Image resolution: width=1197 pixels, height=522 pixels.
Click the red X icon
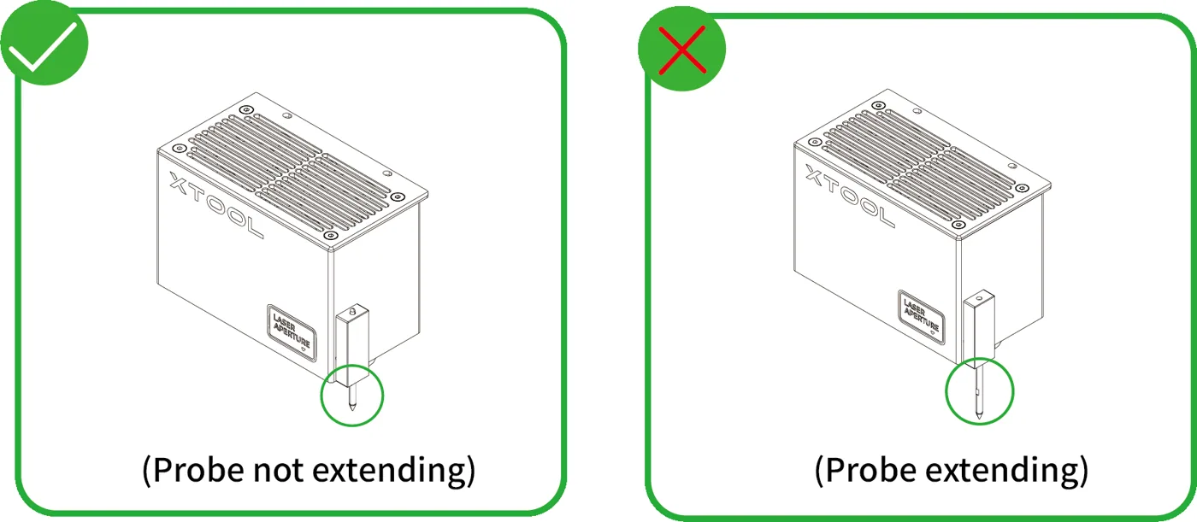[x=682, y=50]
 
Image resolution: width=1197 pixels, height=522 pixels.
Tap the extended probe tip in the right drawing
[x=979, y=415]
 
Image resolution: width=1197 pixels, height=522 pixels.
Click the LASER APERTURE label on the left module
[x=292, y=332]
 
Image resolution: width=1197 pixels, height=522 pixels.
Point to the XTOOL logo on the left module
[x=216, y=205]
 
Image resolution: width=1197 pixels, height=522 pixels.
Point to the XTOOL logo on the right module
[x=850, y=196]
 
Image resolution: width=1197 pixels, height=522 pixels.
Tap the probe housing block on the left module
[x=351, y=346]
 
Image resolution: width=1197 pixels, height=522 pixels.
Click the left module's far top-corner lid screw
[x=246, y=110]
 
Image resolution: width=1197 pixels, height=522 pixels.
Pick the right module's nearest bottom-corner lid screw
[x=958, y=225]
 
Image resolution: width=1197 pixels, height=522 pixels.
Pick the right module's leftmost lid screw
[x=814, y=142]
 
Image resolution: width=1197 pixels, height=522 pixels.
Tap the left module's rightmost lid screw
[x=398, y=197]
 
